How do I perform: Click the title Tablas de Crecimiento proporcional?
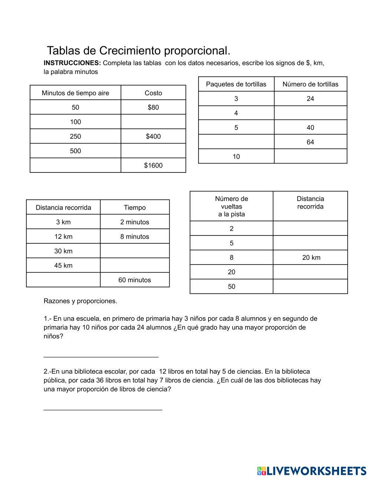click(x=138, y=50)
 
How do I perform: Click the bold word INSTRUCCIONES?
click(x=72, y=63)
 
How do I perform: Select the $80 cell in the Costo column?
click(x=153, y=108)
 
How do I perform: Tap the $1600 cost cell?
click(x=153, y=165)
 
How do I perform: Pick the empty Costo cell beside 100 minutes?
click(x=153, y=122)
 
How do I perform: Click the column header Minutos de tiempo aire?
click(x=75, y=93)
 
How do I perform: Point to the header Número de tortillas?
click(x=310, y=84)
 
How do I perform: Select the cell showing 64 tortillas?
click(x=310, y=142)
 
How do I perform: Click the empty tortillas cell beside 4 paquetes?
click(x=310, y=113)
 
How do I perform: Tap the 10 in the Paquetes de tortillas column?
click(x=236, y=157)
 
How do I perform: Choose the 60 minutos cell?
click(x=135, y=280)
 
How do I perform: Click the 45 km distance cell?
click(x=63, y=266)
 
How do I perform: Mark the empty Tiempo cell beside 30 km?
click(x=135, y=251)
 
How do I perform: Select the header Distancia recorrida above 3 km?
click(x=63, y=208)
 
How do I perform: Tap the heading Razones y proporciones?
click(x=80, y=301)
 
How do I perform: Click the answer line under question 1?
click(x=101, y=356)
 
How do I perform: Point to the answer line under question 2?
click(x=103, y=410)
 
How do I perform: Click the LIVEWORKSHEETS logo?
click(x=312, y=471)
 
